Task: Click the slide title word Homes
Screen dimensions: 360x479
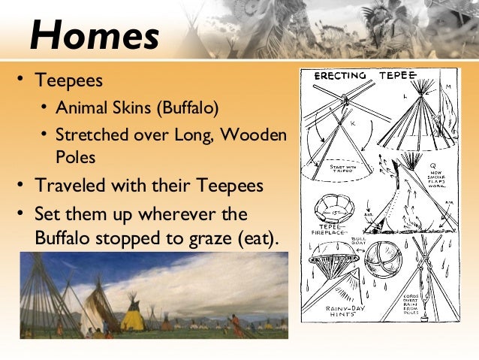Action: pos(94,35)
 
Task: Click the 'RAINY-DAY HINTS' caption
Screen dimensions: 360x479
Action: pos(343,312)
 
